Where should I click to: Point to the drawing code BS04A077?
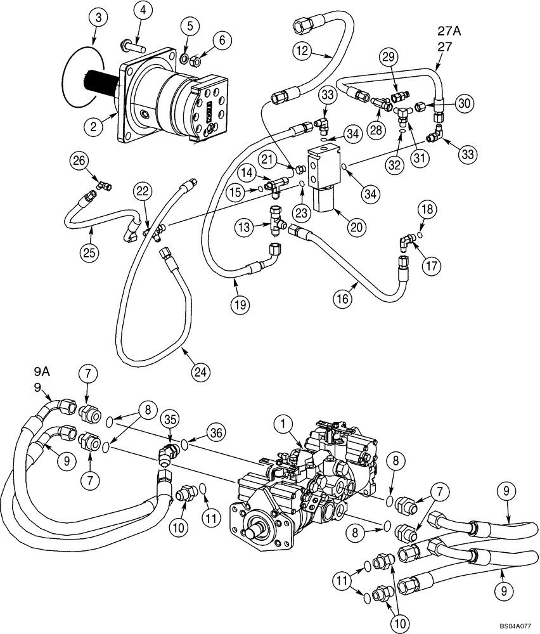point(514,626)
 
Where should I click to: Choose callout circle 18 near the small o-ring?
point(426,210)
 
